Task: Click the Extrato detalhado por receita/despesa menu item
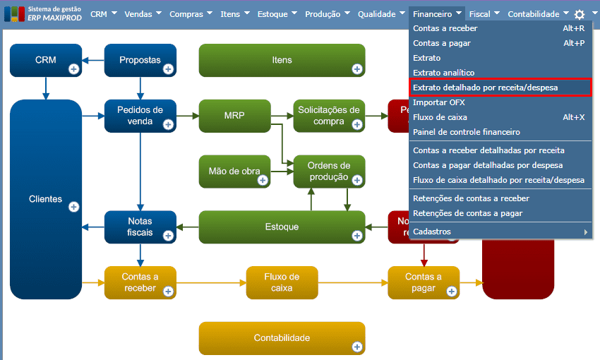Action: [485, 88]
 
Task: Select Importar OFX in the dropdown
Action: [438, 102]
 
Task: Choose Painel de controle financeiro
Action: [466, 132]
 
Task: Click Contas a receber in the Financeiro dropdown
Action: [445, 28]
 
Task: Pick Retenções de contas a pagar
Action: [467, 213]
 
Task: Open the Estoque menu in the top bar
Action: [277, 13]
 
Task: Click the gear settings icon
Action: [580, 14]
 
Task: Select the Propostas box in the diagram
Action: [140, 60]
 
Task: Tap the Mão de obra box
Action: [234, 171]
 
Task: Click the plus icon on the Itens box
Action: [356, 68]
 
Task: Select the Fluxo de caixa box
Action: [282, 282]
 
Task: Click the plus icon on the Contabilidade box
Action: [356, 347]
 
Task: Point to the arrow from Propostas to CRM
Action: [93, 60]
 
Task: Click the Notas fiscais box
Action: [140, 227]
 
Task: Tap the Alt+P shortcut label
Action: [573, 43]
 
